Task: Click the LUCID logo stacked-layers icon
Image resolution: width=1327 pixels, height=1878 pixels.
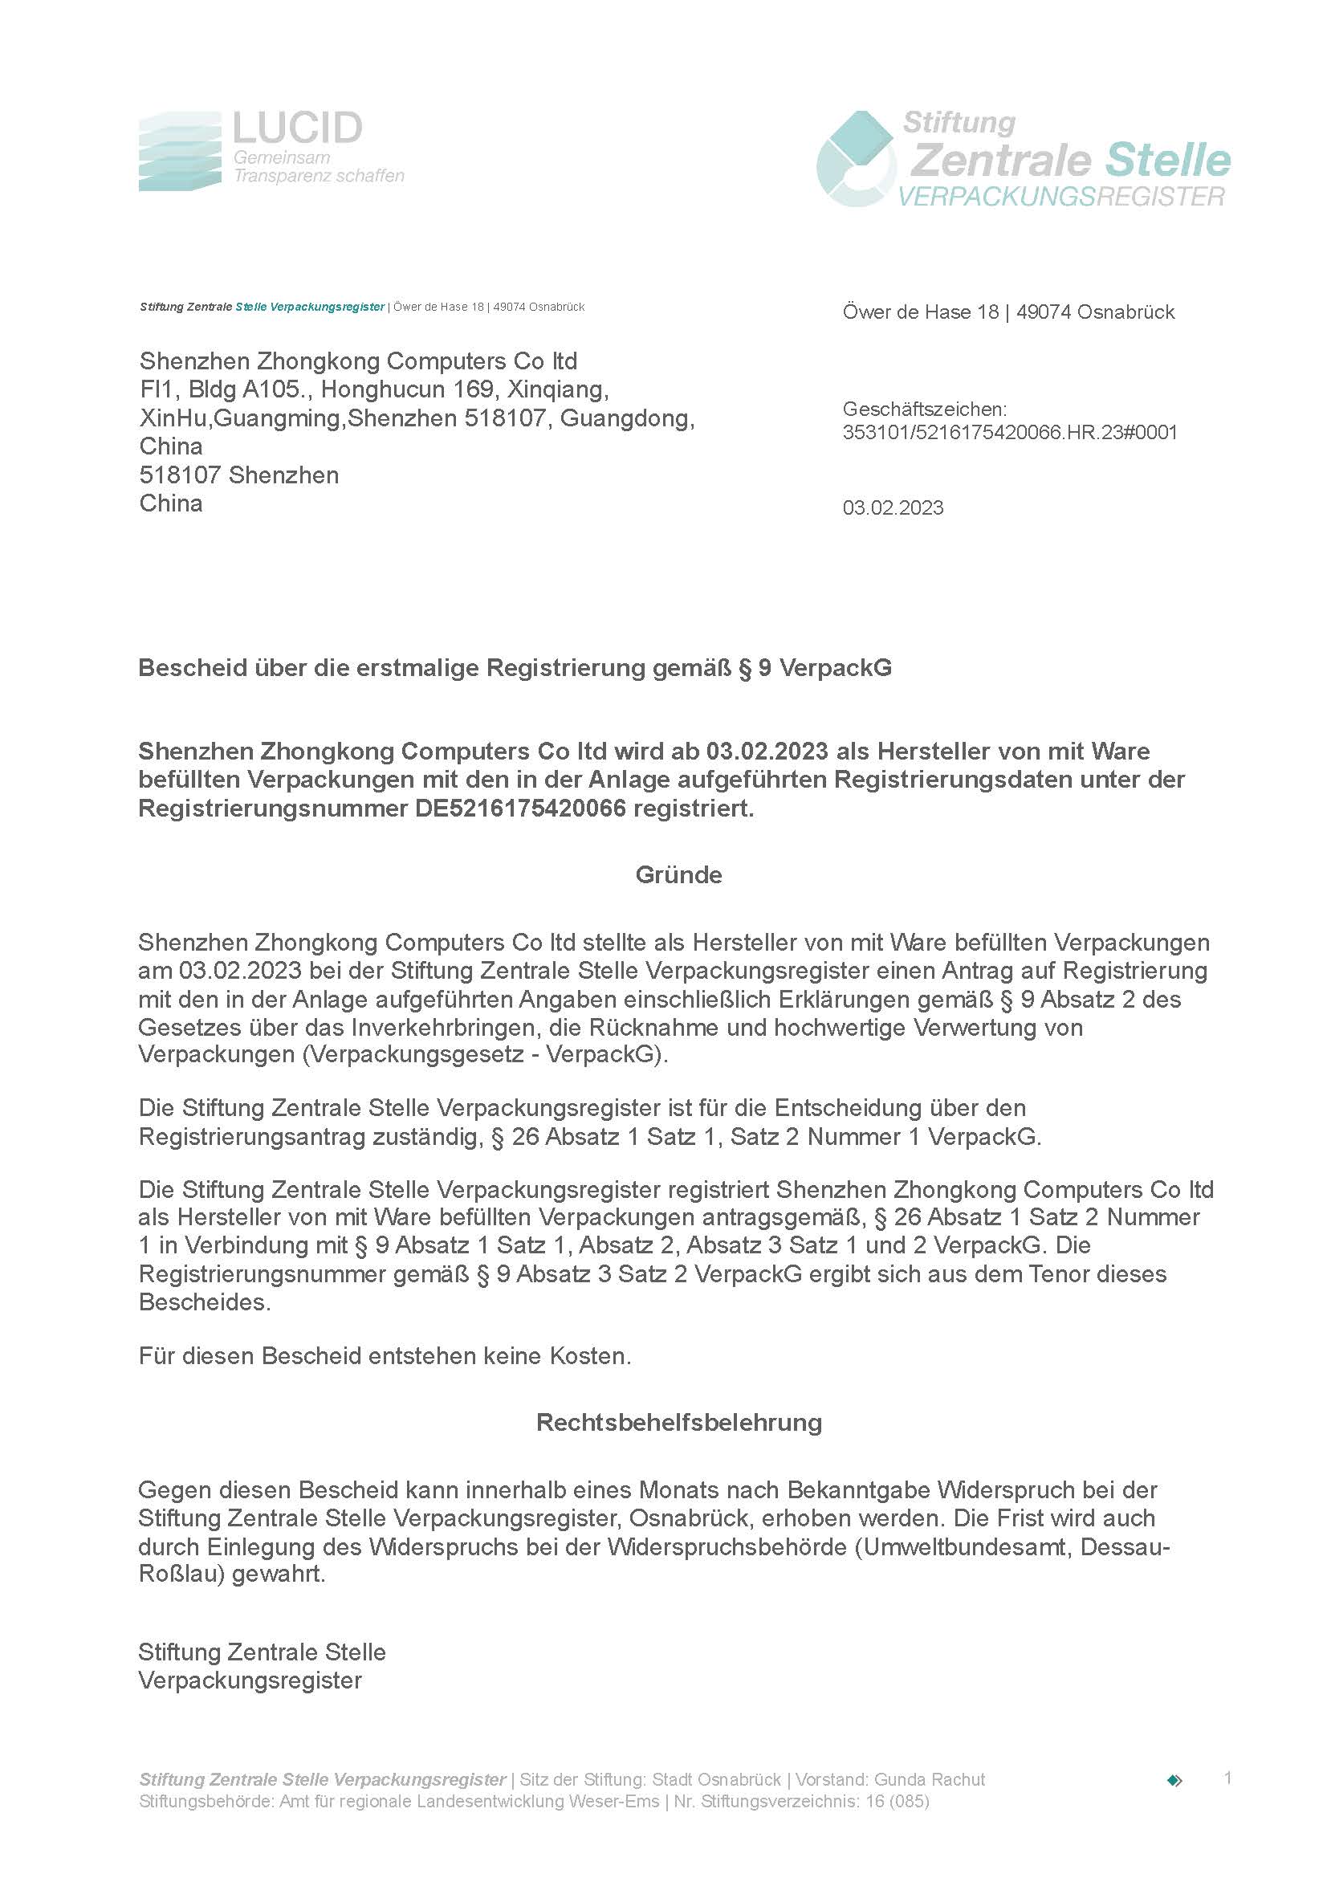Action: [x=180, y=152]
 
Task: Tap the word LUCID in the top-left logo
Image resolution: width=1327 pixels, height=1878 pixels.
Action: [x=297, y=128]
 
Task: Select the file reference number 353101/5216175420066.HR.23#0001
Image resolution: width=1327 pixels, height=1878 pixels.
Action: [x=1010, y=433]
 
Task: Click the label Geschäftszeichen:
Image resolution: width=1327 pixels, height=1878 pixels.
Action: [x=925, y=409]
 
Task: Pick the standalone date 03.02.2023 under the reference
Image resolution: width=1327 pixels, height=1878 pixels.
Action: [x=893, y=508]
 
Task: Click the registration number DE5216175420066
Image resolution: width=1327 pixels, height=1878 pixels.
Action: [x=520, y=809]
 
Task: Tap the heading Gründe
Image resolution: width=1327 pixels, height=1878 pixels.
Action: [x=678, y=875]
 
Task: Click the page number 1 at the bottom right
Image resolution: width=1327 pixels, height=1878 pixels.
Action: [x=1227, y=1778]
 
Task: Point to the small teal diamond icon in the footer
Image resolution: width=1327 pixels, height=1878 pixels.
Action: [x=1175, y=1781]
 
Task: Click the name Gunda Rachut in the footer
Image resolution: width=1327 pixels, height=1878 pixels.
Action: [x=930, y=1780]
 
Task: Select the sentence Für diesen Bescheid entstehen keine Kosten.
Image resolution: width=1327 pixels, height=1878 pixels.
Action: [x=385, y=1356]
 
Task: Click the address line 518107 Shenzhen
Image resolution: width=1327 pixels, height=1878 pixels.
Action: [x=238, y=475]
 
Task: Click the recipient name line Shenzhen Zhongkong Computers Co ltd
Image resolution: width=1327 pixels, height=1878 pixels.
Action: [x=358, y=361]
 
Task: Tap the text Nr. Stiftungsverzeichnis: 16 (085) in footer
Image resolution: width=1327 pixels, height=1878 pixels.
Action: [x=800, y=1801]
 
